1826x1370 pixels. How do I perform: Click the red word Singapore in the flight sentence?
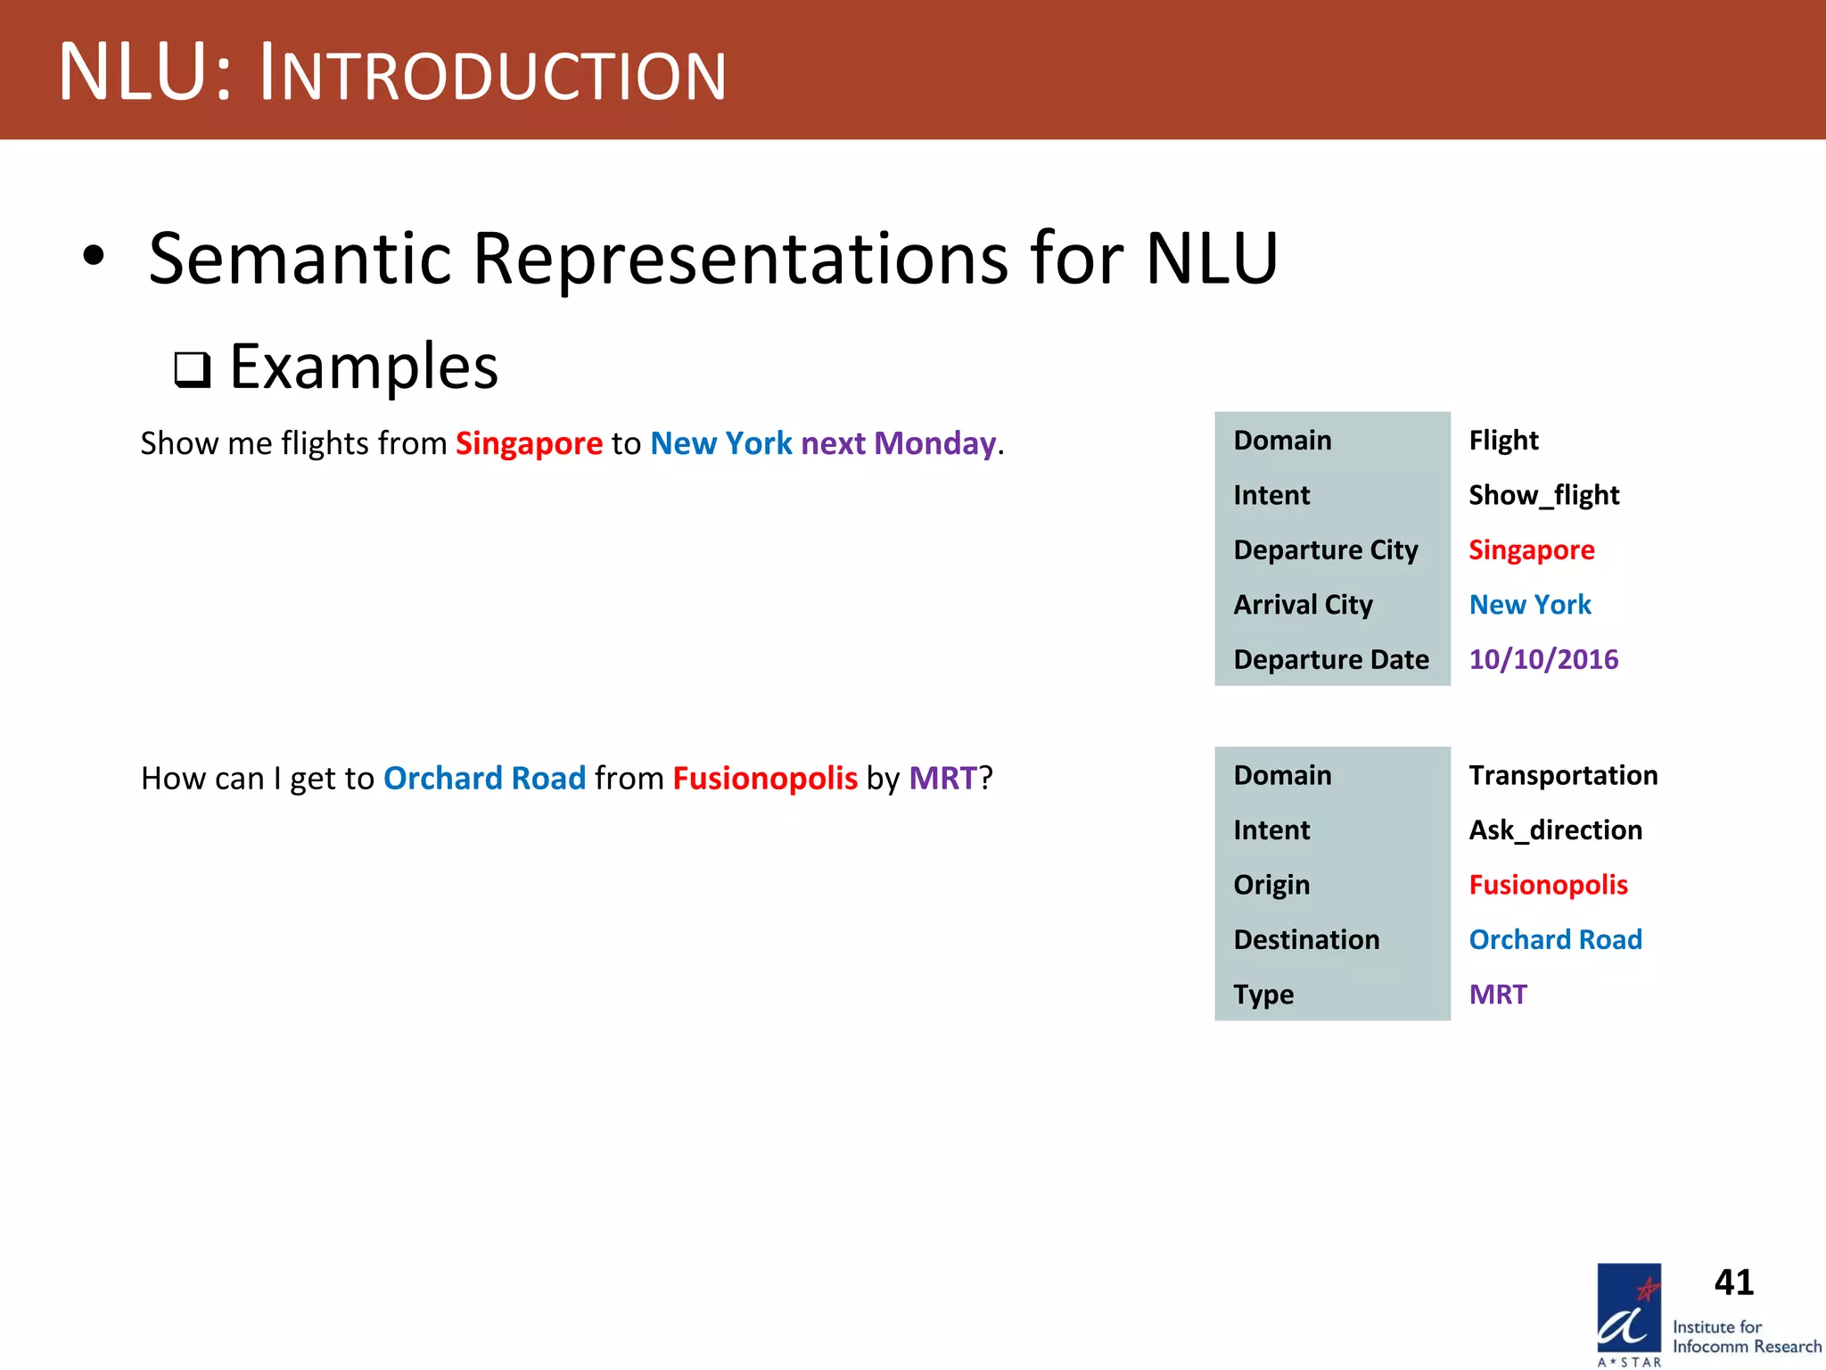tap(529, 443)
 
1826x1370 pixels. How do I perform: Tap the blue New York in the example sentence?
tap(720, 443)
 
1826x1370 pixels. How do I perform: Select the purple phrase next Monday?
tap(898, 443)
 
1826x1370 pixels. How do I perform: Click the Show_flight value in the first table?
tap(1543, 495)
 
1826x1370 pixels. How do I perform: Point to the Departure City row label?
tap(1325, 550)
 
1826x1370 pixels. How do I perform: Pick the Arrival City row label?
tap(1303, 605)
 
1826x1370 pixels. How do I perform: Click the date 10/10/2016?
tap(1543, 659)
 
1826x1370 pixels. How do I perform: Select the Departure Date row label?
tap(1330, 659)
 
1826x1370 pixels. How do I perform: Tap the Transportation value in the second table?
tap(1563, 775)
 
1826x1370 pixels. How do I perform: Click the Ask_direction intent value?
tap(1555, 830)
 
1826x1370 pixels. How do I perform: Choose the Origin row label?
tap(1271, 885)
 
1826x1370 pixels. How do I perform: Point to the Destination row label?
tap(1306, 939)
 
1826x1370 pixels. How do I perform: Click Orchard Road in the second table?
tap(1555, 939)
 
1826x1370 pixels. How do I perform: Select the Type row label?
tap(1263, 994)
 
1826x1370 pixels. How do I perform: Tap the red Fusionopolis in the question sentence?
tap(764, 779)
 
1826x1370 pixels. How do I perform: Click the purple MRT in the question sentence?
tap(942, 779)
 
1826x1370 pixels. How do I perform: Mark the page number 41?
tap(1733, 1283)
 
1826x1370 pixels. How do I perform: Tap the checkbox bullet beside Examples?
tap(192, 369)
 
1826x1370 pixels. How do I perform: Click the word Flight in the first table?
tap(1503, 441)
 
